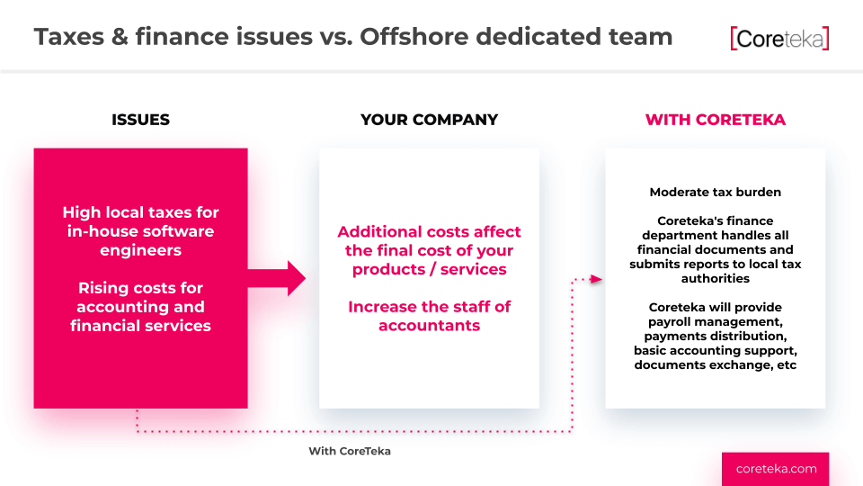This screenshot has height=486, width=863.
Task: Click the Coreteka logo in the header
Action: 779,39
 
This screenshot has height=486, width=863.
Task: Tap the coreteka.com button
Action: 776,469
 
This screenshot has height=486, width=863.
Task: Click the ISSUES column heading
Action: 140,120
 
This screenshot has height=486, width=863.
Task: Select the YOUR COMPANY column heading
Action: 430,120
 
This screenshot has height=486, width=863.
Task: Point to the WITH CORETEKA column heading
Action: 715,120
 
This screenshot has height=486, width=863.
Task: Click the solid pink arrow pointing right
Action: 277,278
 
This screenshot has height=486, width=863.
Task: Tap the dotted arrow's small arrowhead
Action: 596,279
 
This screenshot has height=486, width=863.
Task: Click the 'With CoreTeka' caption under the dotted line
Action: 350,451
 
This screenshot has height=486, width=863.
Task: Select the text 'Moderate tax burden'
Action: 715,193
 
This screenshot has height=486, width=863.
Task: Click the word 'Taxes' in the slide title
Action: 69,37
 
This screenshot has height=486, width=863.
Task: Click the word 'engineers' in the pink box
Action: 140,251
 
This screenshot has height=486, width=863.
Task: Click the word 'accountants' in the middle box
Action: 430,326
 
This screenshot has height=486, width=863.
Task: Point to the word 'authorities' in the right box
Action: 715,279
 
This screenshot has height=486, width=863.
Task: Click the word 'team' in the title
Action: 641,37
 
